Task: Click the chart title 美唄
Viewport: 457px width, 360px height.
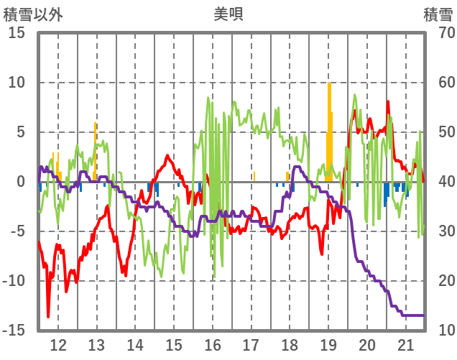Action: pyautogui.click(x=228, y=14)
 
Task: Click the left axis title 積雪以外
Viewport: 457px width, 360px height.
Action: pyautogui.click(x=32, y=14)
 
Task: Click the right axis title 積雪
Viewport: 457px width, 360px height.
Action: pyautogui.click(x=437, y=14)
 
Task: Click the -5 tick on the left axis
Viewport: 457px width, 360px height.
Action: pyautogui.click(x=17, y=231)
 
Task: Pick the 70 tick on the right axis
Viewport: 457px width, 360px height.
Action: pyautogui.click(x=440, y=33)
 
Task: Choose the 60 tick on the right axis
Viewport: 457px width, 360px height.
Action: pyautogui.click(x=440, y=83)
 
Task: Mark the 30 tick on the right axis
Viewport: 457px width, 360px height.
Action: pyautogui.click(x=440, y=231)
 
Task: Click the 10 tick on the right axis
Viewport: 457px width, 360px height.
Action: pyautogui.click(x=440, y=331)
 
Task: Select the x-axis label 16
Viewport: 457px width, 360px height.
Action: pyautogui.click(x=212, y=344)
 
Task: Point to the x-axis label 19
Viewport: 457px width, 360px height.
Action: pyautogui.click(x=328, y=344)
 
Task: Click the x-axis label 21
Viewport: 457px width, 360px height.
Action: pyautogui.click(x=406, y=344)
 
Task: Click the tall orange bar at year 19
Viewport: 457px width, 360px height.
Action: pyautogui.click(x=329, y=129)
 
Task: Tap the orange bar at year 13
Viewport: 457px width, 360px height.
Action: pyautogui.click(x=95, y=151)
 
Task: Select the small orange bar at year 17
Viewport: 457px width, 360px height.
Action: pyautogui.click(x=254, y=177)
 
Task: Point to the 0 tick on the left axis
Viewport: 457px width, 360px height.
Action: pyautogui.click(x=21, y=182)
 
